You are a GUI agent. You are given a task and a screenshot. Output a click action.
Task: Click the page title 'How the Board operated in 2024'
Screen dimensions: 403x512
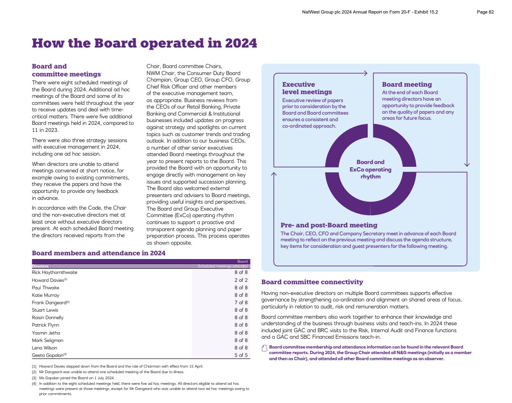(x=144, y=43)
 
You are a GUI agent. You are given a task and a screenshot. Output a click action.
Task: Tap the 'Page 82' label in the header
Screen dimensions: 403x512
(x=485, y=12)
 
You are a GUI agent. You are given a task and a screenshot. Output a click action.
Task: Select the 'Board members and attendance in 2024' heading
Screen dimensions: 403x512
(x=98, y=253)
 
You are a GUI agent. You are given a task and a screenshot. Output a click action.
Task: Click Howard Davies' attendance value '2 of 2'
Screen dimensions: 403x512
(x=241, y=280)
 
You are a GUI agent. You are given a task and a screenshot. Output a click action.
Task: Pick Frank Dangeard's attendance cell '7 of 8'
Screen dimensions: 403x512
(x=241, y=302)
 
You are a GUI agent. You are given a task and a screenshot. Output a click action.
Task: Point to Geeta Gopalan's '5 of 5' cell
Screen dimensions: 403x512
(x=241, y=355)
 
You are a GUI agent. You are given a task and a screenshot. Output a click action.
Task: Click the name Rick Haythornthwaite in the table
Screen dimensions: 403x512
(x=54, y=272)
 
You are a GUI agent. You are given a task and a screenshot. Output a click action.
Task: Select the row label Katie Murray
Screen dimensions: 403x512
(x=45, y=295)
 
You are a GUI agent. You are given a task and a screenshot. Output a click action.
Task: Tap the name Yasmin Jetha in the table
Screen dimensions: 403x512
(x=46, y=333)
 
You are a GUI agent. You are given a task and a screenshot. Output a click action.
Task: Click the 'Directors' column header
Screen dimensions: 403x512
(x=40, y=266)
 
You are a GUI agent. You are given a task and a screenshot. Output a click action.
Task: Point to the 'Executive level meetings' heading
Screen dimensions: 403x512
(x=307, y=88)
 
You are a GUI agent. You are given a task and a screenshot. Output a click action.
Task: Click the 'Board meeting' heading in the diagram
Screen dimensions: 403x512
(x=407, y=84)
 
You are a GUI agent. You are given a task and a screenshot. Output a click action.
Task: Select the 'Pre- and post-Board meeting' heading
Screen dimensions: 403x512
(x=329, y=225)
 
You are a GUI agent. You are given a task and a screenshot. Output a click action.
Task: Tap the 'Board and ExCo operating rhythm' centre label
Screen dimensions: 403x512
(x=371, y=169)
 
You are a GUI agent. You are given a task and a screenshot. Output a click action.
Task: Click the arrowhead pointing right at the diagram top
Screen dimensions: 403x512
(x=365, y=73)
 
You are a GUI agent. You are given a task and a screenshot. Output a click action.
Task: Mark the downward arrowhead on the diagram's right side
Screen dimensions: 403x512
(x=467, y=164)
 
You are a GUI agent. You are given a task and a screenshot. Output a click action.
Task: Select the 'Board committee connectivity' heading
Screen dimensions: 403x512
(x=312, y=282)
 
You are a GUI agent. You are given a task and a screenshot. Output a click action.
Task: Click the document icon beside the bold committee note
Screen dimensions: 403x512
(x=264, y=348)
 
